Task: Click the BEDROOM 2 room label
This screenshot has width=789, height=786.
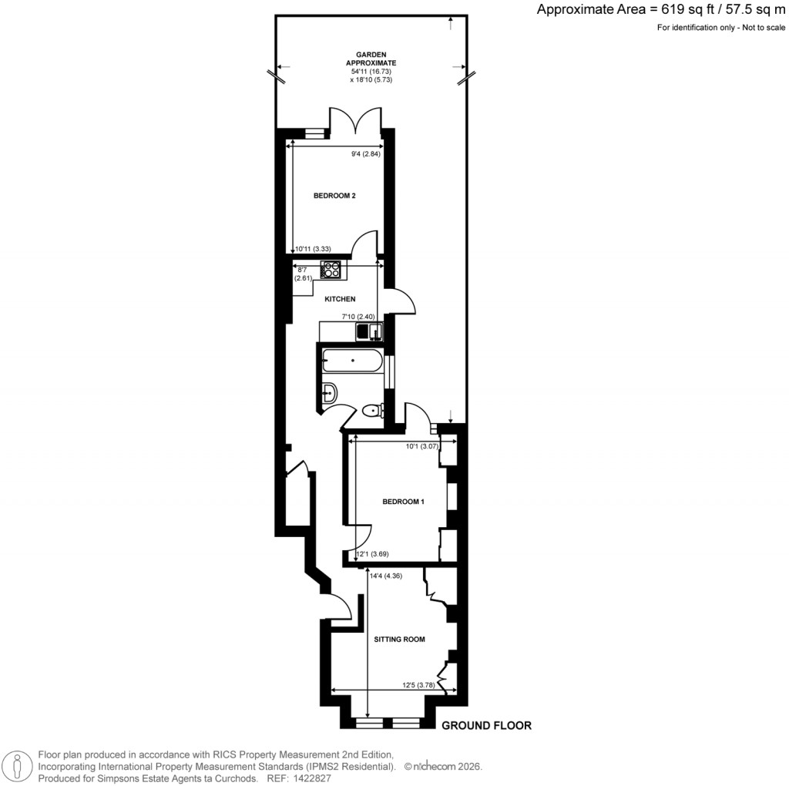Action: [x=334, y=196]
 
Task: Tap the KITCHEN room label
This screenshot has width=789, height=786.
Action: [x=339, y=298]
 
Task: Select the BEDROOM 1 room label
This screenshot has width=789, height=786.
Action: [x=404, y=502]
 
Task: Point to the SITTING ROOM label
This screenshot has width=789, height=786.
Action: [x=399, y=639]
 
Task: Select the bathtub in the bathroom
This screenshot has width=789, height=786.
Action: [x=353, y=361]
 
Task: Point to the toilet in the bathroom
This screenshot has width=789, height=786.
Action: [x=372, y=411]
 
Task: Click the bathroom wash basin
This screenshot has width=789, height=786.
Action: [x=329, y=393]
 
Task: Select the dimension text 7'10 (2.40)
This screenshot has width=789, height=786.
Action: [x=358, y=316]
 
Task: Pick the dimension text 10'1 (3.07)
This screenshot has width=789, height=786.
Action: [x=421, y=445]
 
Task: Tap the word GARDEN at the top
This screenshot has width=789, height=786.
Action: [x=371, y=55]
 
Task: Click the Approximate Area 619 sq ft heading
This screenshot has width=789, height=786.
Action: [x=660, y=10]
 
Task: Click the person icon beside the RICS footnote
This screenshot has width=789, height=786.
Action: [x=17, y=764]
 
